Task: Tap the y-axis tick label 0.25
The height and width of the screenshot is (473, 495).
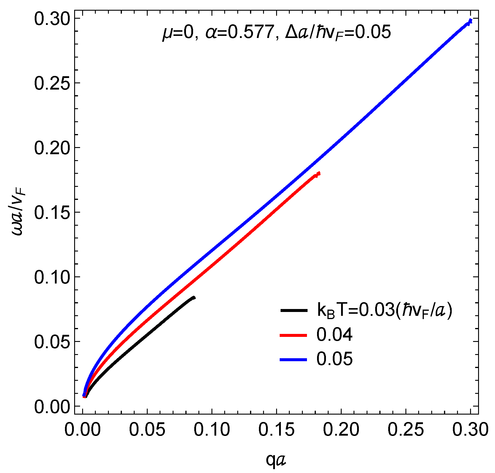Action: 52,83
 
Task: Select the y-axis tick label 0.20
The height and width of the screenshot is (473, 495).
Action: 52,148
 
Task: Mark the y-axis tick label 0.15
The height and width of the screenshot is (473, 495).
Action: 52,212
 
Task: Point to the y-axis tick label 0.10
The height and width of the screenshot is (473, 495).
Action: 52,277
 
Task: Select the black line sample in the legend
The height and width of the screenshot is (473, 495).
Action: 294,310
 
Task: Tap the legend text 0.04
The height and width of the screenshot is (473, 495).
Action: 334,335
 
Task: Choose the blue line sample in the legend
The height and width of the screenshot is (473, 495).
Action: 294,359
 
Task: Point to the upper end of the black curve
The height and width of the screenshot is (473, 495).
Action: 194,297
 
